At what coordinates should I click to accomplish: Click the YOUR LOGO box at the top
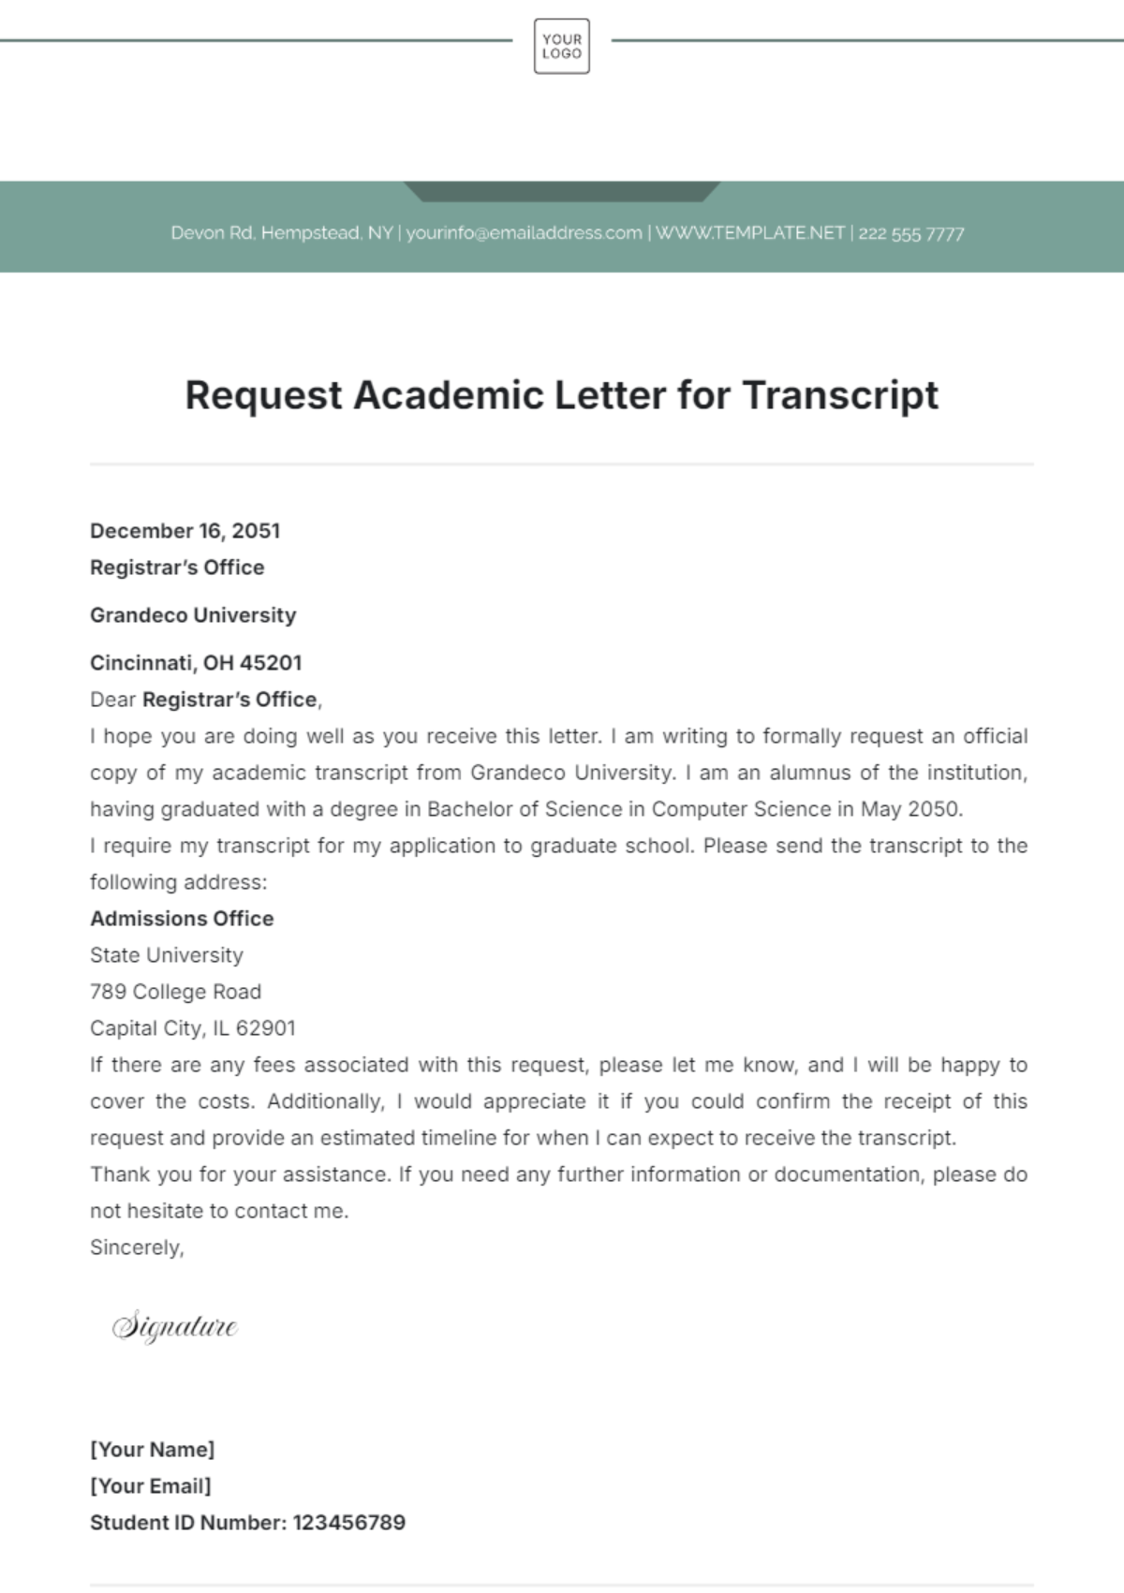point(561,46)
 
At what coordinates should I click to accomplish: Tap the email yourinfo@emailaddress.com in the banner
point(524,233)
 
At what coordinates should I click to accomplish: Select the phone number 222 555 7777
point(910,234)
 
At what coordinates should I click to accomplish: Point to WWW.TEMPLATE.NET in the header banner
point(749,233)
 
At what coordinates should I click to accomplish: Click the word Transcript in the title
point(840,395)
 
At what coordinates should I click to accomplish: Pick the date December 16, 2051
point(185,531)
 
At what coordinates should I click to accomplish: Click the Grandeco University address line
point(193,615)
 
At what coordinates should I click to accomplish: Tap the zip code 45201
point(271,663)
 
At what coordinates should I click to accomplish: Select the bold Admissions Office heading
point(182,919)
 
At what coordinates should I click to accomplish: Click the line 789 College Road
point(175,992)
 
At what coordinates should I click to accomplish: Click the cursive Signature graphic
point(175,1327)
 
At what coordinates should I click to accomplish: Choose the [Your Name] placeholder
point(152,1450)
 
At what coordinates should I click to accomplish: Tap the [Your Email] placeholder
point(150,1486)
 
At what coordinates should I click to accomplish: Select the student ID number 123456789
point(348,1523)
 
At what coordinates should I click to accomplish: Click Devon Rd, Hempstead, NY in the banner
point(281,233)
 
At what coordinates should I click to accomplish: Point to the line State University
point(167,955)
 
